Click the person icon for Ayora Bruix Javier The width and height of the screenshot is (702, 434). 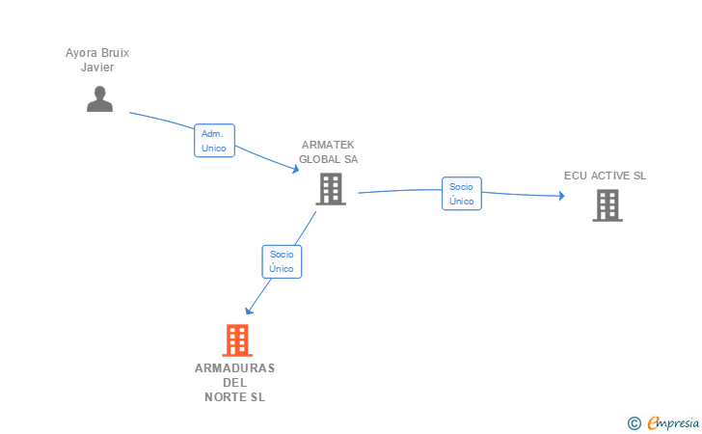99,98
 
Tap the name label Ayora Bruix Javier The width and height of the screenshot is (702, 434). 97,60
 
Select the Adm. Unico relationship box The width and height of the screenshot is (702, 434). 214,141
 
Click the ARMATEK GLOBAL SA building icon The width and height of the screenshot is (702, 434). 331,189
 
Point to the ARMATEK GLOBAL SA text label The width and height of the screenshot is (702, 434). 328,152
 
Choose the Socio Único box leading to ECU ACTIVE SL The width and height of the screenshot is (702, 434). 462,193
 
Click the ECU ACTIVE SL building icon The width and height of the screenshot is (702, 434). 607,204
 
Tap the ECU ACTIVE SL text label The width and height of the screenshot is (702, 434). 606,176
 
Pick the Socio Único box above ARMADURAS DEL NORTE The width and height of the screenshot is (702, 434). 282,261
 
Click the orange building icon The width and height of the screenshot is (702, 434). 237,339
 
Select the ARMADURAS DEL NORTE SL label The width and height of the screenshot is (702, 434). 234,382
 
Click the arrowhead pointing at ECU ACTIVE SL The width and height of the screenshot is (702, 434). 560,197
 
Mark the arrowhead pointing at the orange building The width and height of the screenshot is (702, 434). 250,310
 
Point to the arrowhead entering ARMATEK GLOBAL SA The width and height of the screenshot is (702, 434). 295,170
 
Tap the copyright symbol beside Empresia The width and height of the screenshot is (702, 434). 634,422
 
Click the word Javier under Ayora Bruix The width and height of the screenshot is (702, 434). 97,68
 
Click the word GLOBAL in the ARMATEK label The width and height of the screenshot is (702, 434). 315,159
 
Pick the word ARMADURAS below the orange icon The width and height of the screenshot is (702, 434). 234,368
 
